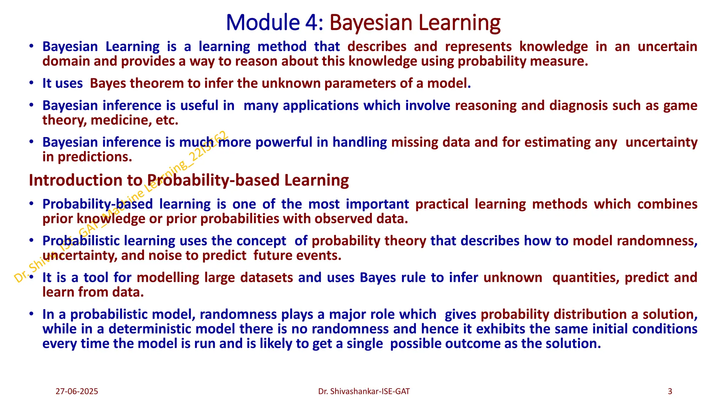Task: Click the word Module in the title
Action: click(263, 22)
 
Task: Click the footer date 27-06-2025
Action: click(77, 391)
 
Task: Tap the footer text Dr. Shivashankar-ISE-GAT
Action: click(364, 391)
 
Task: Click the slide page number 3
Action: click(670, 391)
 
